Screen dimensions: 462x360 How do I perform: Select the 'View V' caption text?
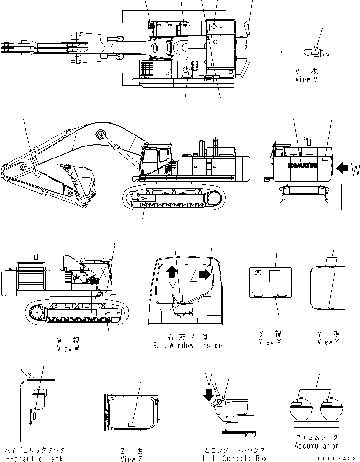point(306,79)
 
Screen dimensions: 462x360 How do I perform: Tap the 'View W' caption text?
point(68,348)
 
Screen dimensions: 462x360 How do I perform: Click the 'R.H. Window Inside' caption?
point(187,345)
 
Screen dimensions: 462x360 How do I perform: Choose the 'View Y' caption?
point(328,342)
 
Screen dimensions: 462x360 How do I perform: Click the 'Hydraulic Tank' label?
point(35,458)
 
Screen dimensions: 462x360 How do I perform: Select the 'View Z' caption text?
point(131,459)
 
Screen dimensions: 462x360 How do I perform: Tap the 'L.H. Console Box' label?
point(234,459)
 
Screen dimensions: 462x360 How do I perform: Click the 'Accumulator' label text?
point(315,445)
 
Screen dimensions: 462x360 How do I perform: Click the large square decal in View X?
point(275,277)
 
